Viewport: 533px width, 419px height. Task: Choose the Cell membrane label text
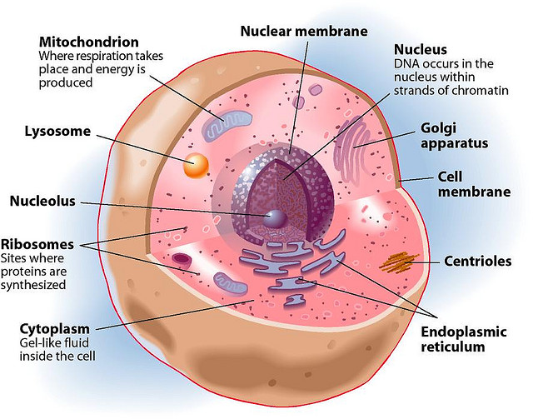tap(474, 184)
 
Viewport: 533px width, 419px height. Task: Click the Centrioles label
tap(477, 262)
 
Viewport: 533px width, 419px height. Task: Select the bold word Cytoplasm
tap(57, 327)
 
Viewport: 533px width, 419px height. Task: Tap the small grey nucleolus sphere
tap(276, 218)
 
